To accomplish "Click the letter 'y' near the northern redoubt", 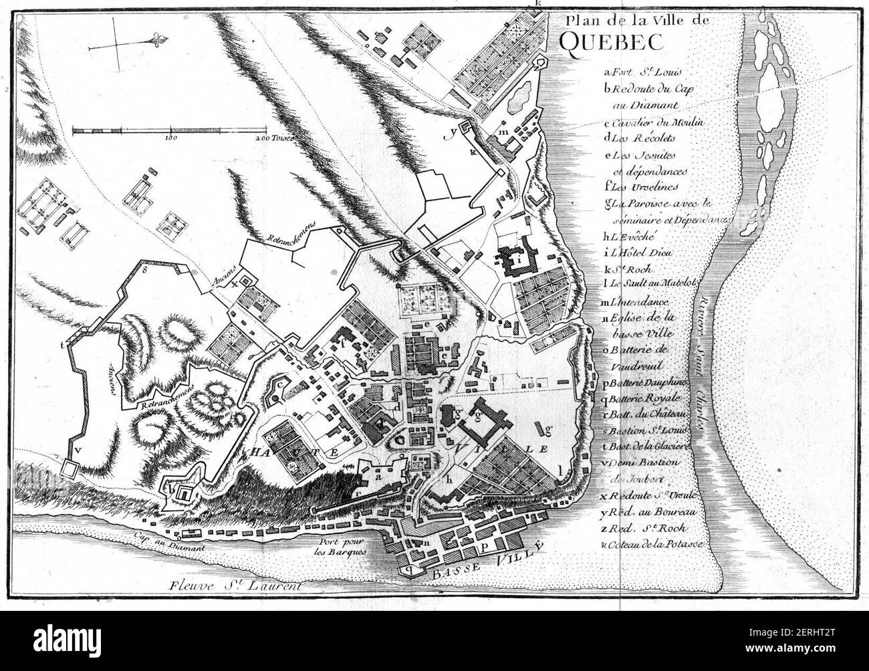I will point(453,133).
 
